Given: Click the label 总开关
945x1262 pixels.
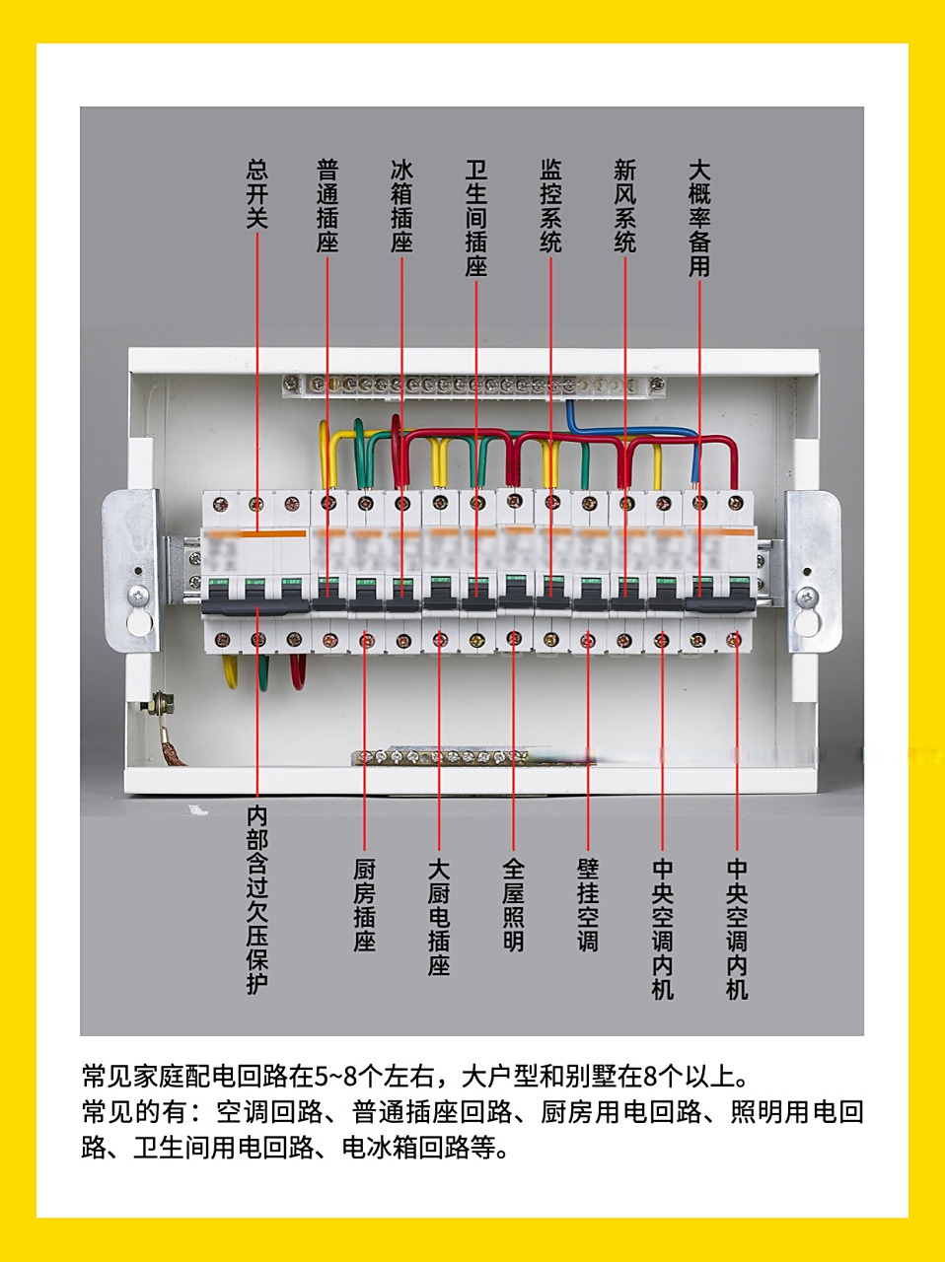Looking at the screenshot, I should click(x=256, y=194).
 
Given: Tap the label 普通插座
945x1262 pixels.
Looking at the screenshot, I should click(x=327, y=206).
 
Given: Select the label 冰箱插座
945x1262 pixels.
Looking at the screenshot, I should click(x=401, y=206).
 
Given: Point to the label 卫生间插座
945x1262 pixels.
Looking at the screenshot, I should click(x=476, y=218).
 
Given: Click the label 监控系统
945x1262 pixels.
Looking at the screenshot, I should click(x=550, y=206).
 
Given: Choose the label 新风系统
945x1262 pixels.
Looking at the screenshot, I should click(x=625, y=206).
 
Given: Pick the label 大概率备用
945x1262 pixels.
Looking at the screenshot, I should click(x=699, y=218).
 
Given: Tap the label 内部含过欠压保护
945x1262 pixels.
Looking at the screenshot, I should click(x=256, y=900).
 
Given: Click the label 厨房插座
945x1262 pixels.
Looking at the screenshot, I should click(x=365, y=905).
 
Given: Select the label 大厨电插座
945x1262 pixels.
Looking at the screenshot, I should click(x=439, y=917).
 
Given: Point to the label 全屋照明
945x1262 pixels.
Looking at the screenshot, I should click(x=513, y=905).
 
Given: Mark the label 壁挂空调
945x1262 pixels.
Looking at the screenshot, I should click(x=588, y=905).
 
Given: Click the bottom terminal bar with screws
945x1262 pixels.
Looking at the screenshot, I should click(x=444, y=757).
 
